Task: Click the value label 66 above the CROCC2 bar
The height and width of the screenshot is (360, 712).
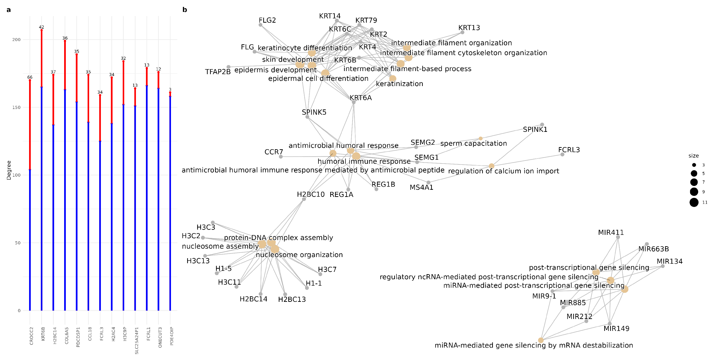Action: coord(30,77)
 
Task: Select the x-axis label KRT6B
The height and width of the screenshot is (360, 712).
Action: coord(43,334)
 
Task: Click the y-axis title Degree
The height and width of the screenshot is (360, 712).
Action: coord(9,170)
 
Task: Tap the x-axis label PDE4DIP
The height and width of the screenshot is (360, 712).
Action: coord(172,336)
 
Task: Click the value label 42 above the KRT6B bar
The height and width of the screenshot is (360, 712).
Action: coord(41,27)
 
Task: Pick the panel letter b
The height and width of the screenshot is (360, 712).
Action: coord(185,10)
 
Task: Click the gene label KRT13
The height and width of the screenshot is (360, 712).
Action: coord(469,28)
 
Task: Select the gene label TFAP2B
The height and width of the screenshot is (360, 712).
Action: coord(218,72)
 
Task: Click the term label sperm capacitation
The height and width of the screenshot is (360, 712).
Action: coord(474,143)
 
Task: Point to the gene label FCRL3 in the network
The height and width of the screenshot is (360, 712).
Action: coord(569,150)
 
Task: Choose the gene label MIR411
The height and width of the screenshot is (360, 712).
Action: coord(611,233)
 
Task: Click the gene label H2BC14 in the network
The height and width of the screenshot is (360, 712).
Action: coord(253,299)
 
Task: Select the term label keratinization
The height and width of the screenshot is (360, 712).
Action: coord(399,84)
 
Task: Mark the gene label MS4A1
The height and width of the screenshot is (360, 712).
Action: coord(421,188)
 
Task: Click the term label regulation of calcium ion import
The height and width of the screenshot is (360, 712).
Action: coord(503,171)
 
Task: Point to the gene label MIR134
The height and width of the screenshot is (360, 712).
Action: coord(669,261)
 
